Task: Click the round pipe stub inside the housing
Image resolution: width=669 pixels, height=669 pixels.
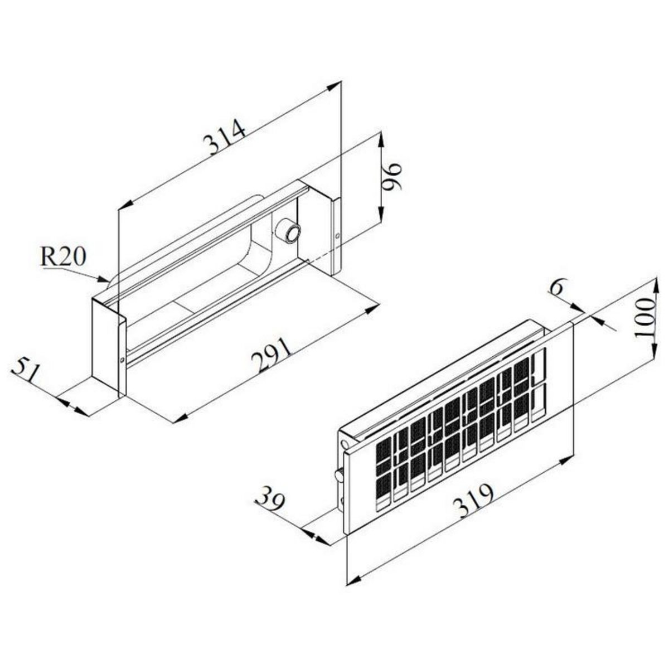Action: pos(288,231)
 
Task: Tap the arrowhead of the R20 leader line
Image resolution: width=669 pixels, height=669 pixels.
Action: pos(105,279)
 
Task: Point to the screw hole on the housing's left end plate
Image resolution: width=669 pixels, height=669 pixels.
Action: pos(123,359)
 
